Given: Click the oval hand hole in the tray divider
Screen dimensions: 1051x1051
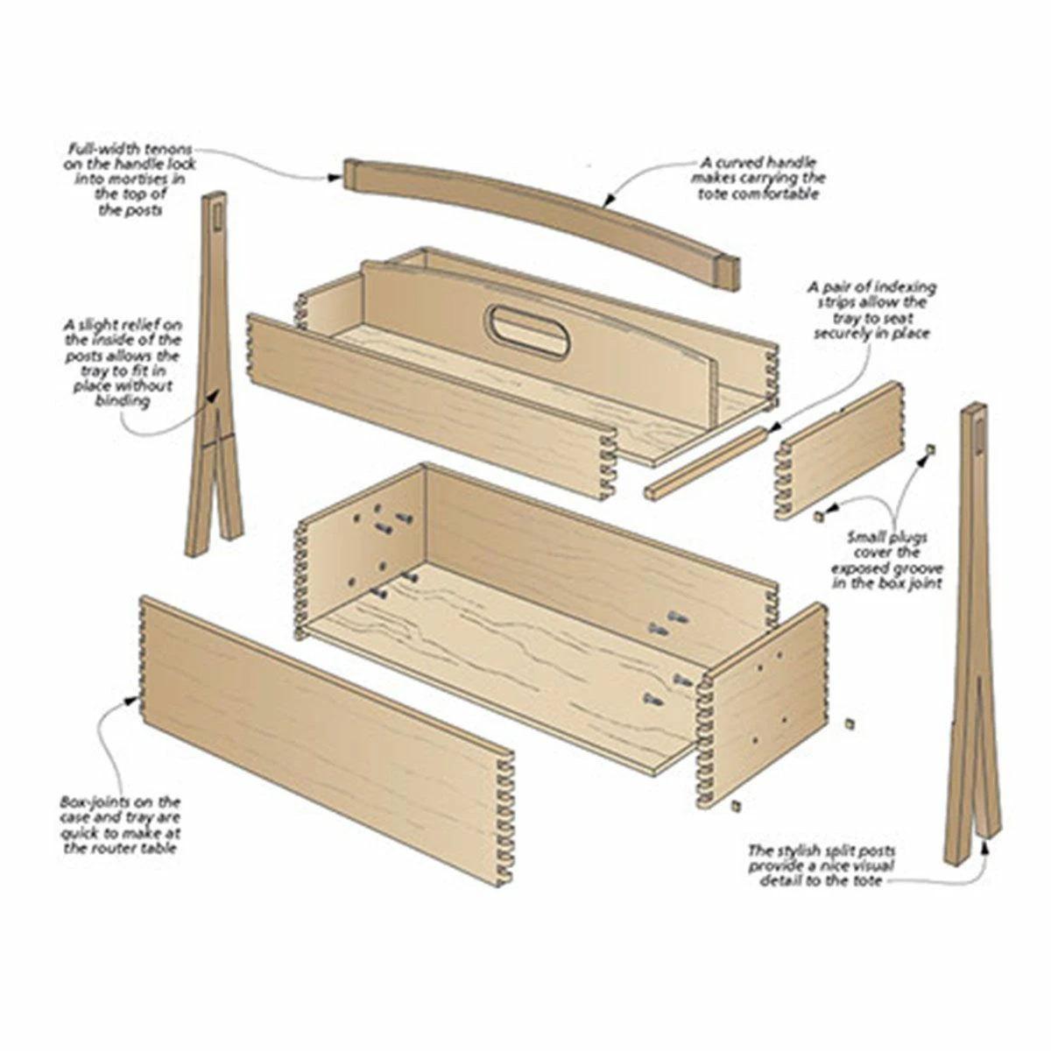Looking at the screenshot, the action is click(528, 332).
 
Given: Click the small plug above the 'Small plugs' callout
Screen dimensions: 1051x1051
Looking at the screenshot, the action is click(931, 449).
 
